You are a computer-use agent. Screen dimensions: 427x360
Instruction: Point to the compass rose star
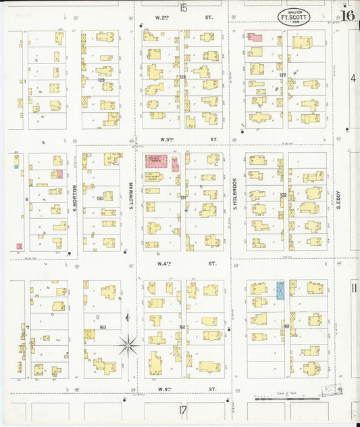click(x=128, y=345)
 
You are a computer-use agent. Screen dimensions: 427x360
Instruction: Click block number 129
click(x=101, y=80)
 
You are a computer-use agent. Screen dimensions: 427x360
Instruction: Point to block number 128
click(x=182, y=77)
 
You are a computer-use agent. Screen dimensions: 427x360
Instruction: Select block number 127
click(x=283, y=75)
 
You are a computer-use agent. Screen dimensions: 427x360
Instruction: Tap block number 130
click(x=100, y=198)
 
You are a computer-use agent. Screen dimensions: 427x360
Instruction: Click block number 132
click(x=284, y=195)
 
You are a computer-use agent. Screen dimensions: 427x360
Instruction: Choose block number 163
click(x=103, y=327)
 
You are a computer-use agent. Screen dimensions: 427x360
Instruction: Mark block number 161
click(x=286, y=326)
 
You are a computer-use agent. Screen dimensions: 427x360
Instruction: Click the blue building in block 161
click(x=280, y=290)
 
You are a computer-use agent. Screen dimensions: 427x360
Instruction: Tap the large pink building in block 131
click(x=155, y=162)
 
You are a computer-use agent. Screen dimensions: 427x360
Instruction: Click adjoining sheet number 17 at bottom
click(x=182, y=409)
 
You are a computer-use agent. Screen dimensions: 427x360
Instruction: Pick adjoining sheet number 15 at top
click(x=183, y=7)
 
